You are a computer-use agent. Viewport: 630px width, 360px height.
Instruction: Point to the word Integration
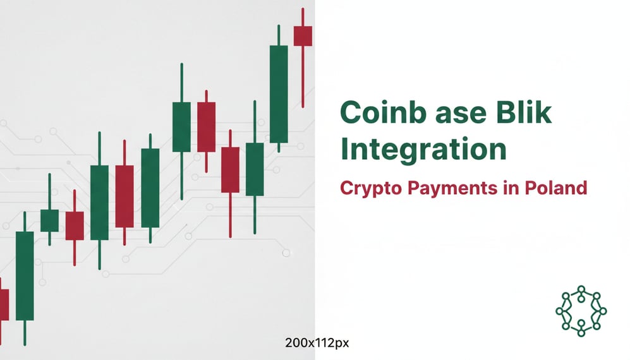423,150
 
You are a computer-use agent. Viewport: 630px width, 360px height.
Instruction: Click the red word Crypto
370,188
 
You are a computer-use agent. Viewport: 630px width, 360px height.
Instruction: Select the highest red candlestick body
303,35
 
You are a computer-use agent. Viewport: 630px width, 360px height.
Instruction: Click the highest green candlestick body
278,93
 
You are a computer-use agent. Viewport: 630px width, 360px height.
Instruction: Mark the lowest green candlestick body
25,275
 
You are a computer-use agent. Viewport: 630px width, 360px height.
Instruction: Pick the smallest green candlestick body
49,220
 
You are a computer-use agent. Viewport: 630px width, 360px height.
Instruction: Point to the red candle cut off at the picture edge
4,304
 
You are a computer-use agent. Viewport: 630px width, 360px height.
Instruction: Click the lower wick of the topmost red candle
303,76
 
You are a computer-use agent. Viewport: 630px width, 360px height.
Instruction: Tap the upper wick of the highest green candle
278,35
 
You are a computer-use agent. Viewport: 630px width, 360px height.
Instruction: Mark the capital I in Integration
344,150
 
